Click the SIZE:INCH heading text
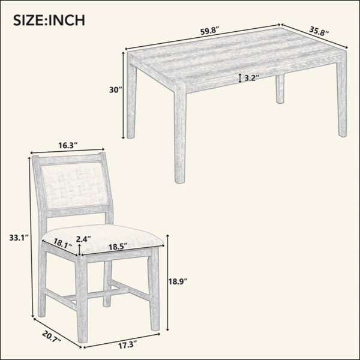pyautogui.click(x=49, y=20)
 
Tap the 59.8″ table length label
pyautogui.click(x=210, y=31)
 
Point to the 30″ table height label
pyautogui.click(x=115, y=90)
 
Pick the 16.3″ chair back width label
pyautogui.click(x=68, y=145)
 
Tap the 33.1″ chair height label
pyautogui.click(x=19, y=238)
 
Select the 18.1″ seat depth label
pyautogui.click(x=62, y=242)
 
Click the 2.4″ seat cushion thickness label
pyautogui.click(x=83, y=239)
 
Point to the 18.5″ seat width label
pyautogui.click(x=118, y=247)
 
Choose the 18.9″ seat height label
pyautogui.click(x=178, y=281)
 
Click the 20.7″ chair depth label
pyautogui.click(x=52, y=337)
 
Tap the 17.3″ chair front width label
pyautogui.click(x=127, y=345)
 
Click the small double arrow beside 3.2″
pyautogui.click(x=240, y=78)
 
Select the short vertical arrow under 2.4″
pyautogui.click(x=79, y=250)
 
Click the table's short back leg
pyautogui.click(x=280, y=89)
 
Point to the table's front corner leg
pyautogui.click(x=180, y=133)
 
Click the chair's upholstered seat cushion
pyautogui.click(x=103, y=238)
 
